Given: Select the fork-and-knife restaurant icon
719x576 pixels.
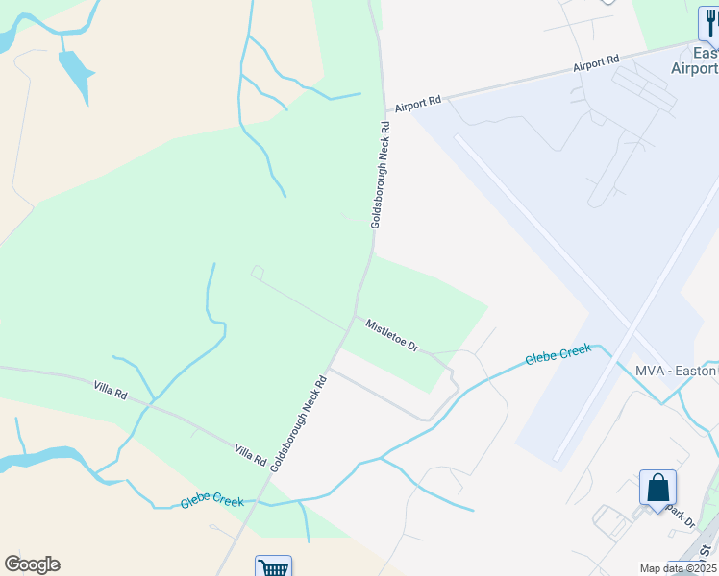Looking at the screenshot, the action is pos(708,23).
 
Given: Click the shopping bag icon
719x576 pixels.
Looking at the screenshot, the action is pos(658,487).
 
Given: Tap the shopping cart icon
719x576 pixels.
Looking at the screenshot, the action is pos(274,567).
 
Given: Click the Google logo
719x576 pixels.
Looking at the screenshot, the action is pos(32,564).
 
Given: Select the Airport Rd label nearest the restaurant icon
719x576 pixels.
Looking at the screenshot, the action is pos(596,65).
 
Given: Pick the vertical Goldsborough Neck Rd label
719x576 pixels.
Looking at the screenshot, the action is pos(380,174).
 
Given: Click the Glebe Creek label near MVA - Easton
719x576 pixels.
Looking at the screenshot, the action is pos(558,355).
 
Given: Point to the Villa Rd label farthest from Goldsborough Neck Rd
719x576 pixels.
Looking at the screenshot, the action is pos(111,392).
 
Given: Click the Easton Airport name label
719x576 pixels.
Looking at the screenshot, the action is pos(695,60).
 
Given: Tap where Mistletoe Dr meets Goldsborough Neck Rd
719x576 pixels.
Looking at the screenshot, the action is pos(356,315).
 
